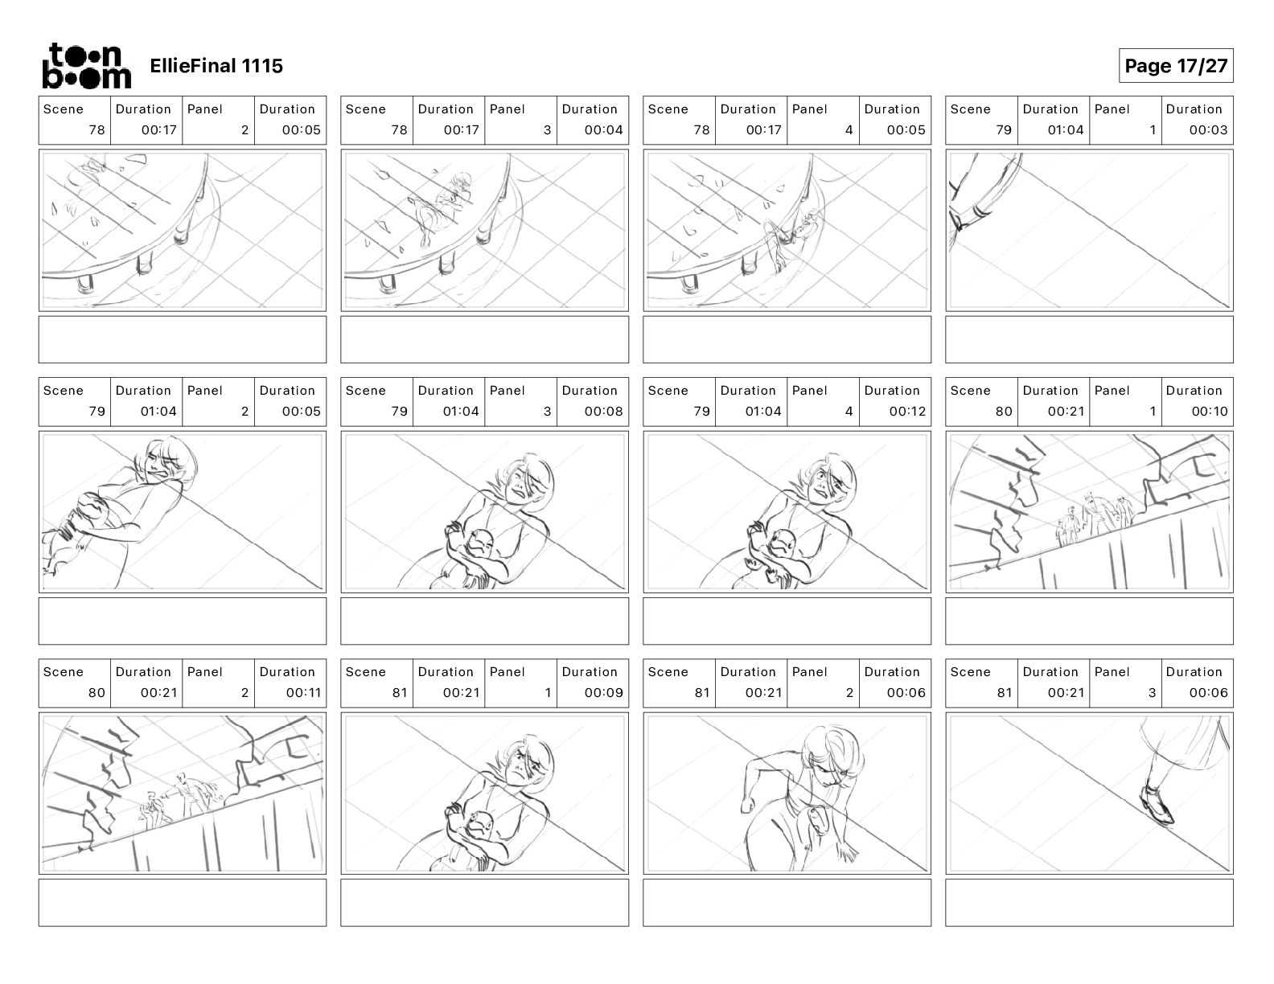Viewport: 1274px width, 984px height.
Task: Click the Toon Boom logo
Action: [86, 66]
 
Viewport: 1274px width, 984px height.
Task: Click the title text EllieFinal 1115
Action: [216, 66]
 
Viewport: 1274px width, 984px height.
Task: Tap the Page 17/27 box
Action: [1175, 66]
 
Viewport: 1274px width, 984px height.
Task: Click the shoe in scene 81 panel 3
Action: [1157, 805]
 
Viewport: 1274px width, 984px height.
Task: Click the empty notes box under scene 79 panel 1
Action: [1089, 339]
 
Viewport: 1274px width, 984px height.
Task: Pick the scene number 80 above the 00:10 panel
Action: [1003, 412]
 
